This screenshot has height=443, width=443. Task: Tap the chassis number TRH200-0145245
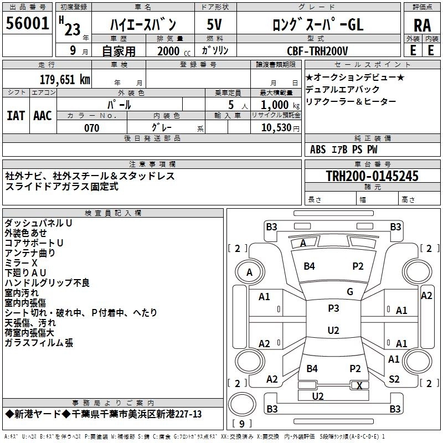[372, 176]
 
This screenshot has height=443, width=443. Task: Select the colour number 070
[91, 128]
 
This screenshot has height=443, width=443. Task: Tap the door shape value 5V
[214, 25]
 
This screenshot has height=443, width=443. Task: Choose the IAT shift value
[16, 115]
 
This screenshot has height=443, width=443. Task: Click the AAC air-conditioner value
[43, 115]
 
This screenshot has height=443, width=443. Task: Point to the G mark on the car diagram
[349, 292]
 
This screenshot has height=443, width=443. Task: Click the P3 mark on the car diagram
[333, 308]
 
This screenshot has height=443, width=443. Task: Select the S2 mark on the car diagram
[394, 379]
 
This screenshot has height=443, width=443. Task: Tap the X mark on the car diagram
[360, 385]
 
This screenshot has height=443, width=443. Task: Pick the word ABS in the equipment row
[318, 150]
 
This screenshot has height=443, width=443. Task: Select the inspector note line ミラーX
[21, 262]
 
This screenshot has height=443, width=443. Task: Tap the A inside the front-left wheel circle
[249, 272]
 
